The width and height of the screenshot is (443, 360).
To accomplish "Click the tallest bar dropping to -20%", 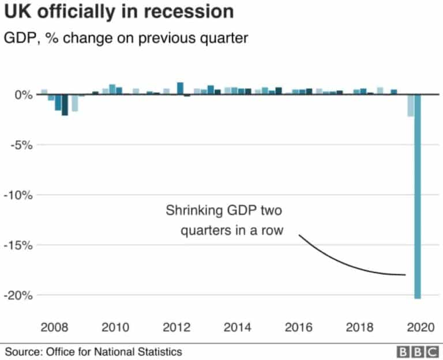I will [x=417, y=196].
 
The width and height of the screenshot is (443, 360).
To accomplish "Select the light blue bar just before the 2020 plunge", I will [x=410, y=105].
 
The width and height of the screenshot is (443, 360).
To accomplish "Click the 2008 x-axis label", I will [x=54, y=327].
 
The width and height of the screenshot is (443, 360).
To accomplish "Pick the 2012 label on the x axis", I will [x=177, y=327].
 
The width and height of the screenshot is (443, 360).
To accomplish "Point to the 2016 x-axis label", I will [x=299, y=327].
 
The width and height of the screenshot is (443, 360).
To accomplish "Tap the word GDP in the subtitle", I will [x=18, y=39].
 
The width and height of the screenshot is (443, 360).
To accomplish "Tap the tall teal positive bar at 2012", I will [x=180, y=88].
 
